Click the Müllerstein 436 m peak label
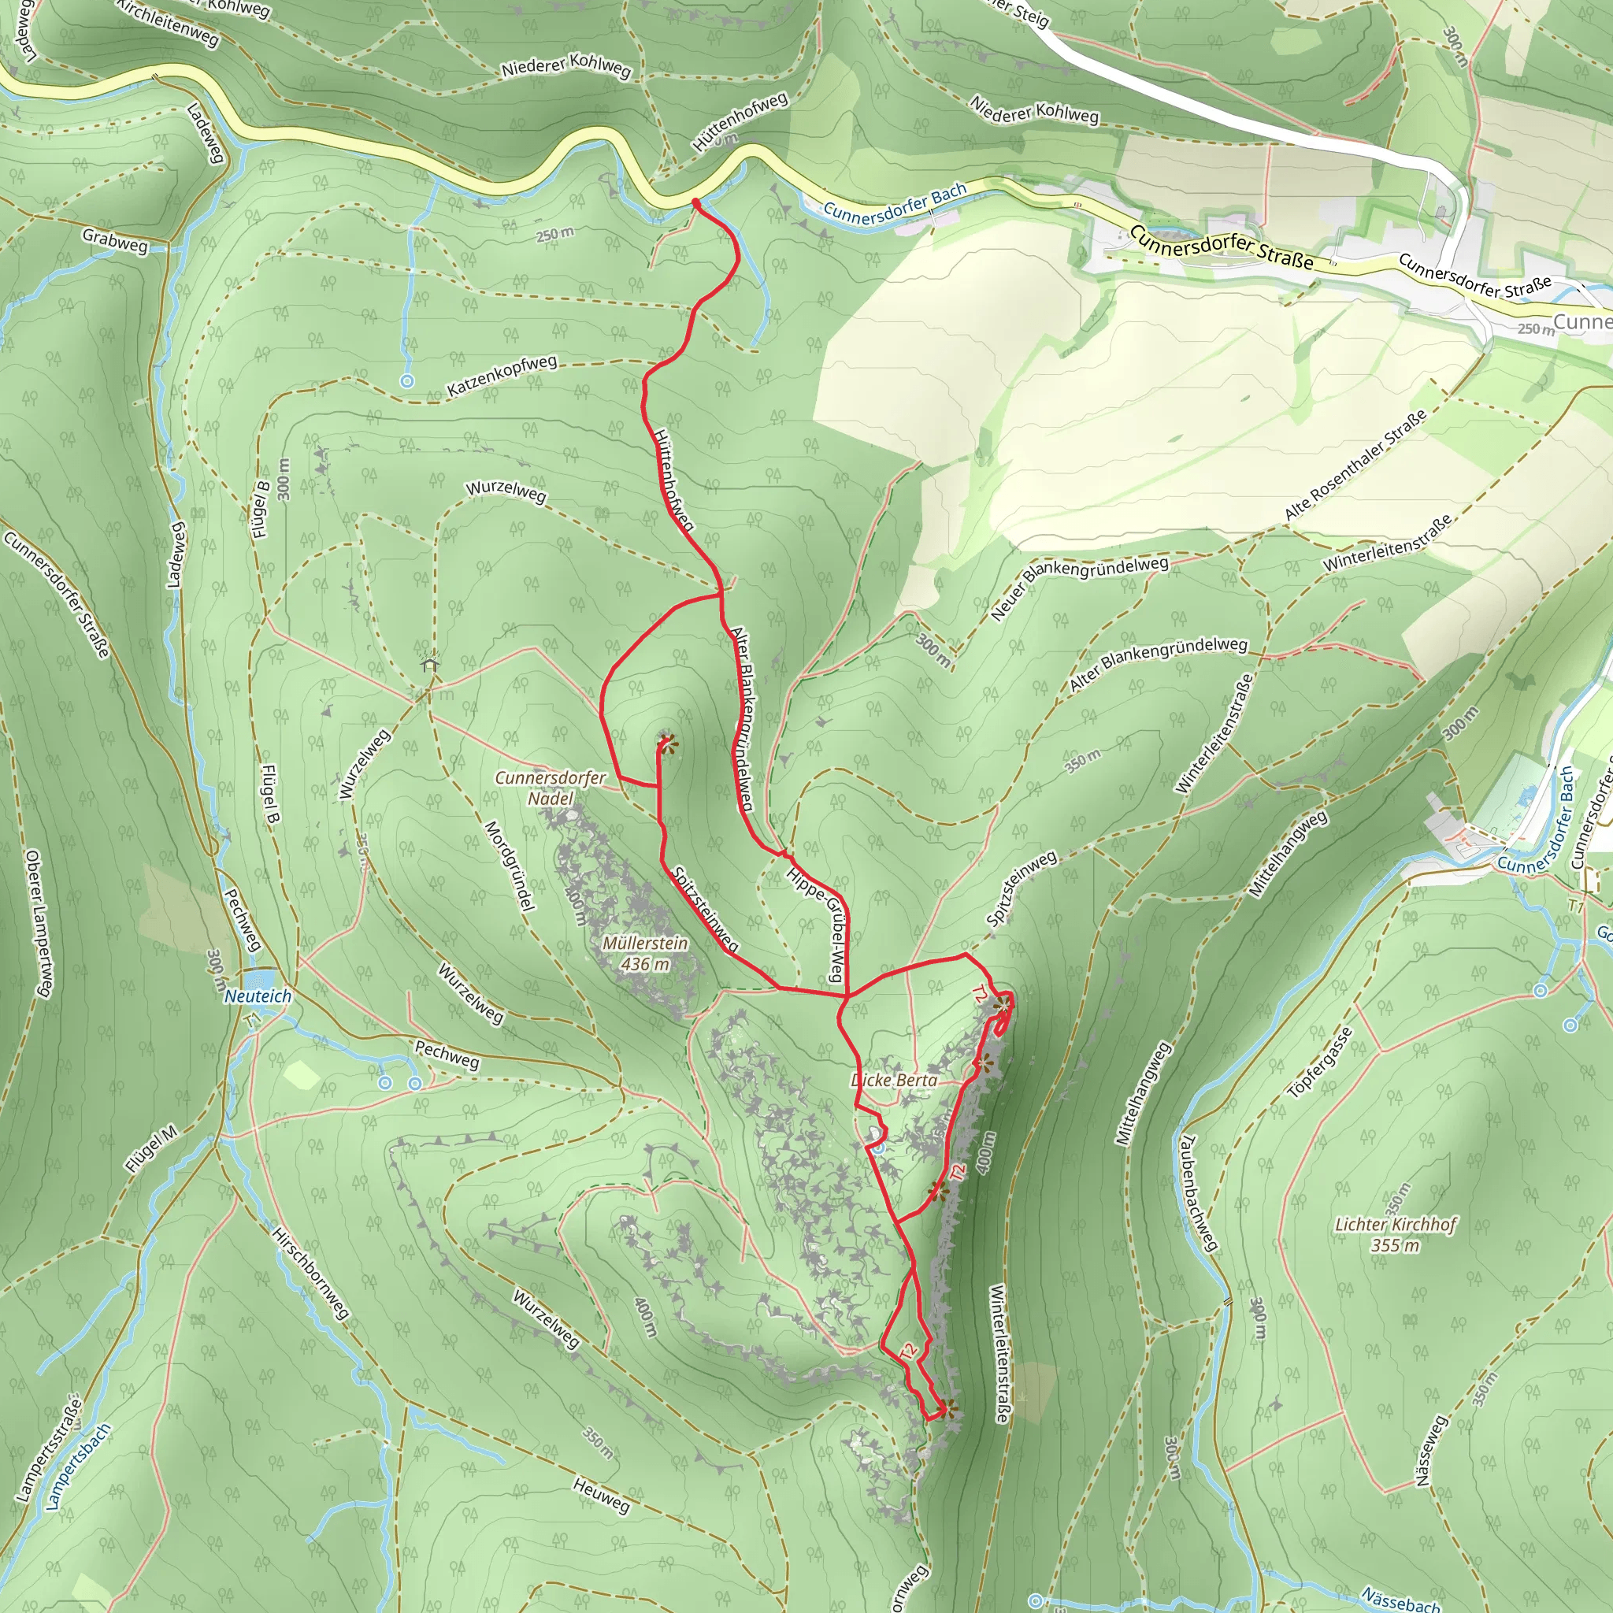coord(645,954)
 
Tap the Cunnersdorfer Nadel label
coord(551,788)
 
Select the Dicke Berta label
coord(893,1080)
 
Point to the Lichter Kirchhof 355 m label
coord(1395,1234)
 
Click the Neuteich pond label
coord(258,996)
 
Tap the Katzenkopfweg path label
coord(502,376)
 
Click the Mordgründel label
coord(510,865)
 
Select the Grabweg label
coord(115,240)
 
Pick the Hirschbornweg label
coord(310,1274)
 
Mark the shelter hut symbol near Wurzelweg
coord(430,665)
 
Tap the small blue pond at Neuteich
coord(261,977)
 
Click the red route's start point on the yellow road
coord(695,201)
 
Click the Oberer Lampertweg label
coord(39,923)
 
